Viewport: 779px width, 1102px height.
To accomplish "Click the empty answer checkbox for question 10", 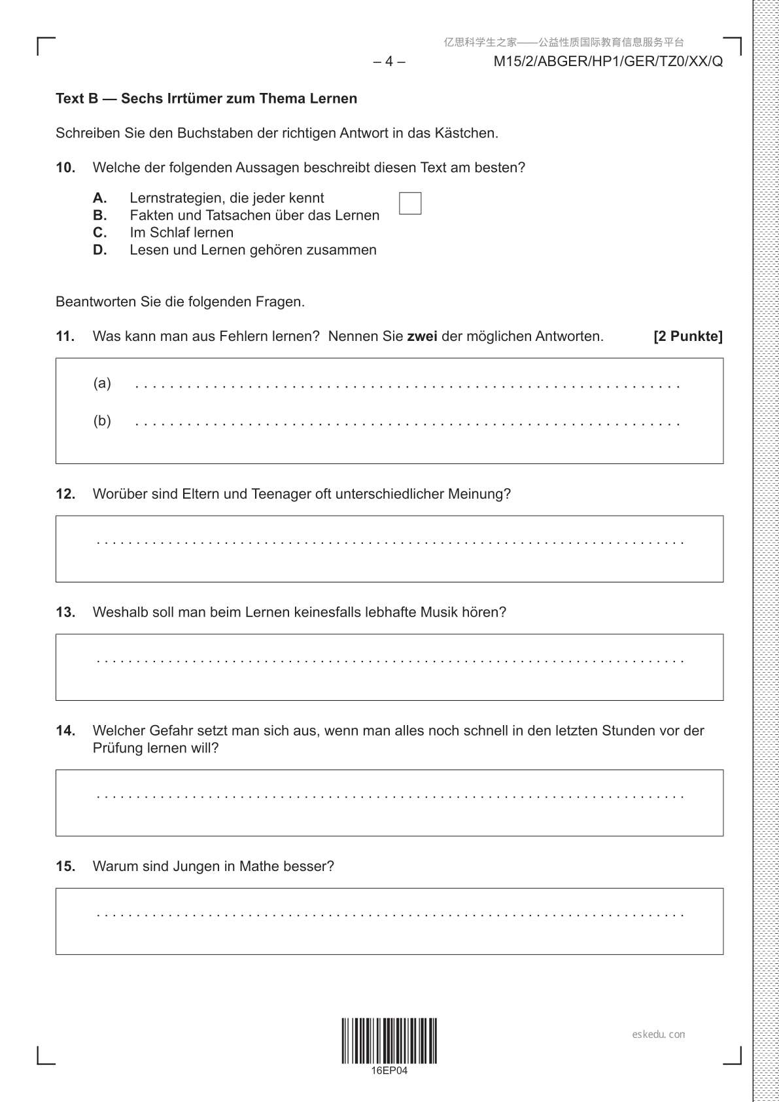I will (410, 204).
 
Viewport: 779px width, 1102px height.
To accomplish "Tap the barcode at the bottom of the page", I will (389, 1040).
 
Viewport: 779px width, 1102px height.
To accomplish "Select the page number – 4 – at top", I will (389, 62).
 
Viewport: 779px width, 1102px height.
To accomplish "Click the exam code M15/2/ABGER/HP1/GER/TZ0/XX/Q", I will (608, 62).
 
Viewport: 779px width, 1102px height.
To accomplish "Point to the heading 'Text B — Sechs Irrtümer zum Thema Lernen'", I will (207, 99).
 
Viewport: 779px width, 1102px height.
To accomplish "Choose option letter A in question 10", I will (99, 198).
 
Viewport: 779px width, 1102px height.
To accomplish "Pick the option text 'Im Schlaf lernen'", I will (181, 233).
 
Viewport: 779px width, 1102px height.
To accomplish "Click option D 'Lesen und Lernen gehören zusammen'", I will (252, 250).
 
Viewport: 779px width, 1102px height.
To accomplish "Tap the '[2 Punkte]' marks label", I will (688, 337).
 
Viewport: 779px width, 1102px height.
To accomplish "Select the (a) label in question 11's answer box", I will (102, 383).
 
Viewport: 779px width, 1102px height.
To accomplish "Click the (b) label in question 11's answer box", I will (102, 421).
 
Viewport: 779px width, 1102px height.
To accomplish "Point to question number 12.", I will (65, 495).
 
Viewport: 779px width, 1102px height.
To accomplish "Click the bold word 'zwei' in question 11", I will (423, 337).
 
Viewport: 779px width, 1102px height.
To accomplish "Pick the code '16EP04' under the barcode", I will (389, 1071).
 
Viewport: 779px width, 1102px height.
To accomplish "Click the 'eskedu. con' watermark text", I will (659, 1035).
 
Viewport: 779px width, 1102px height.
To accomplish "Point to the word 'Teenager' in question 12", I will (281, 495).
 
